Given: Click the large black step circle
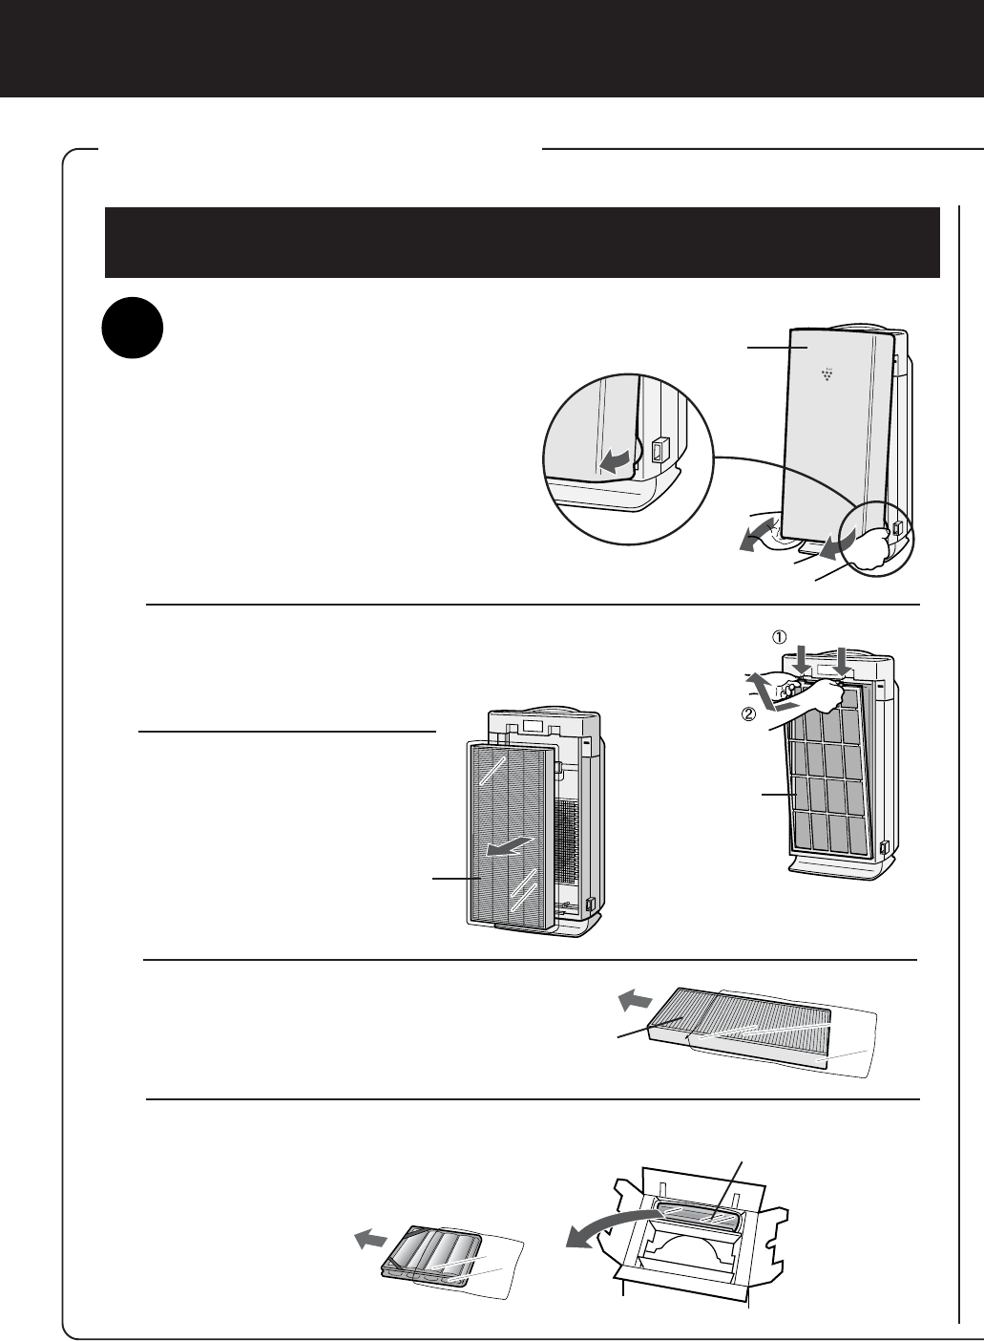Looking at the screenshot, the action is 133,328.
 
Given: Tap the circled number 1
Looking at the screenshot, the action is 780,638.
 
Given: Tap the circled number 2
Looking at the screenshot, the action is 748,714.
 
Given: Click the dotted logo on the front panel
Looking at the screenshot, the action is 827,374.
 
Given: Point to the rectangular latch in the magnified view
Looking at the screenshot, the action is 659,450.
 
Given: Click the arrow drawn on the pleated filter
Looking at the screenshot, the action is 508,846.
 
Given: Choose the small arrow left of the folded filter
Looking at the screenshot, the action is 371,1238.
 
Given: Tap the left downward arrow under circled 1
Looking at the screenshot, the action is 804,662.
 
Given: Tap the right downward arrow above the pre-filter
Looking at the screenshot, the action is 843,662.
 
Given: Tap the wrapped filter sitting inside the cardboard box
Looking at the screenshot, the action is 700,1217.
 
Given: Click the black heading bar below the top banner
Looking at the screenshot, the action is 522,243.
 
